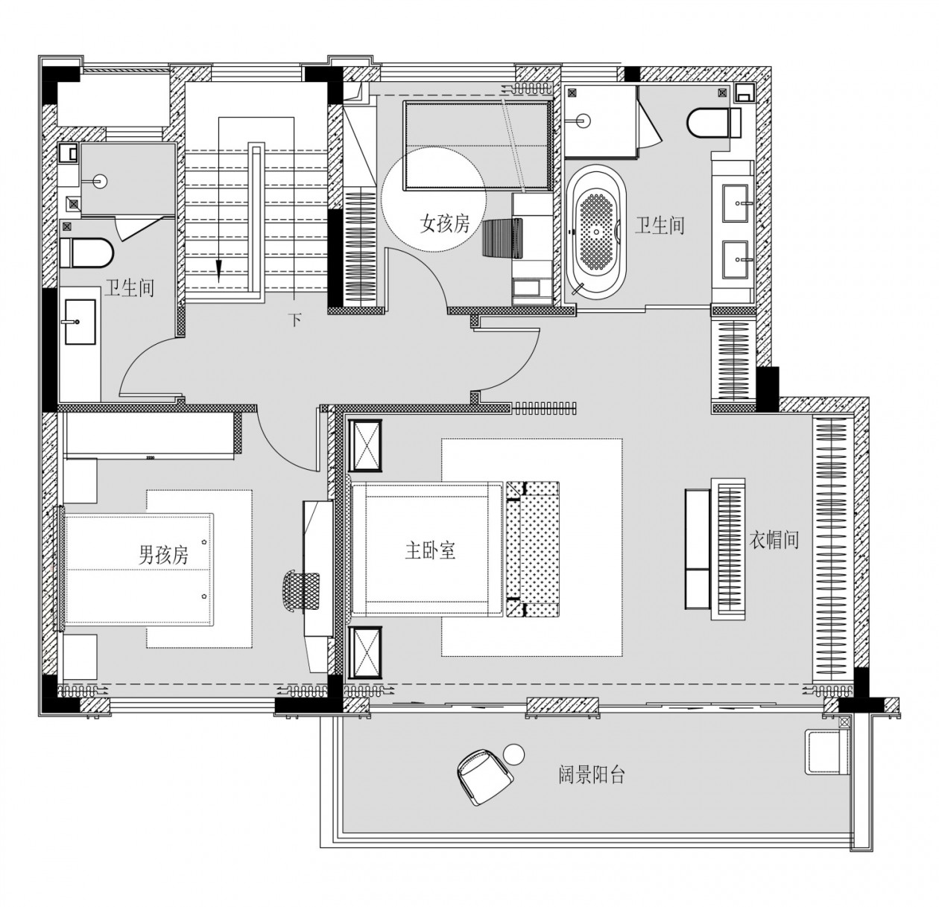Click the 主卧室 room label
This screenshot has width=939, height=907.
point(430,550)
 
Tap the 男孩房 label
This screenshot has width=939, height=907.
point(163,555)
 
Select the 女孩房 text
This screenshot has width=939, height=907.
point(444,224)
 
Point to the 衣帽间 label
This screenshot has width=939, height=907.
point(774,540)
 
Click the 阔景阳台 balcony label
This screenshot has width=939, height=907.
point(592,775)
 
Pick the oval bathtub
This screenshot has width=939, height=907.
point(596,231)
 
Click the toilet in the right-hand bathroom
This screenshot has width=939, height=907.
point(713,122)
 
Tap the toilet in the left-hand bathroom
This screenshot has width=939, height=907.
point(87,252)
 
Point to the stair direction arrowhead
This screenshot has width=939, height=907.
point(218,271)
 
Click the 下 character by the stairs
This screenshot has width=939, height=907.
point(295,319)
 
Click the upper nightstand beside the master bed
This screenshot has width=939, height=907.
point(364,445)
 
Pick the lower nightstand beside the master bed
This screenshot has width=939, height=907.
point(364,652)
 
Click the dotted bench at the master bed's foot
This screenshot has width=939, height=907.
point(533,549)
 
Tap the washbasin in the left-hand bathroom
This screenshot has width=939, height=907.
point(80,322)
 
